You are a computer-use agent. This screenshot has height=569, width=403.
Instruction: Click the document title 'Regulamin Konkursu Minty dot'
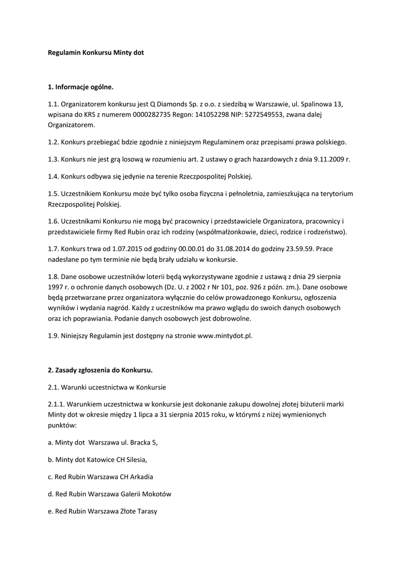pyautogui.click(x=96, y=52)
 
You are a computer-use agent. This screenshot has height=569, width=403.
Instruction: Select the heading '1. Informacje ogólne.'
pyautogui.click(x=80, y=87)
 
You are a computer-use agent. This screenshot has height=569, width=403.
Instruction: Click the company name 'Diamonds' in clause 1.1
pyautogui.click(x=172, y=103)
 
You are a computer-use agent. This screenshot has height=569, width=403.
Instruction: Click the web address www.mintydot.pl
pyautogui.click(x=225, y=336)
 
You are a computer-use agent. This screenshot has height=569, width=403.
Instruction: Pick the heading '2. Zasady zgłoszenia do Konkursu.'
pyautogui.click(x=100, y=370)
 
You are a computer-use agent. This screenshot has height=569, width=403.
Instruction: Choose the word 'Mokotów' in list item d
pyautogui.click(x=154, y=493)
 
